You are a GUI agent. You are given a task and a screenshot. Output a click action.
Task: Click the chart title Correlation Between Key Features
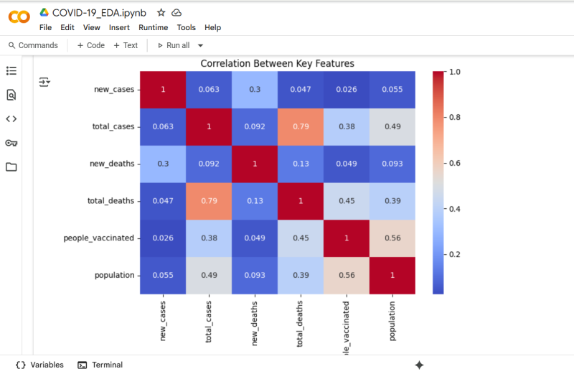(277, 64)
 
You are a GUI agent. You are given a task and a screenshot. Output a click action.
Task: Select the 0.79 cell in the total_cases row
(300, 126)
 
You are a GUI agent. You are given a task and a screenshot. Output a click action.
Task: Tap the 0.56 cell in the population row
(346, 275)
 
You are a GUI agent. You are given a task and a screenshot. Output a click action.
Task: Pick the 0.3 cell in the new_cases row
(254, 89)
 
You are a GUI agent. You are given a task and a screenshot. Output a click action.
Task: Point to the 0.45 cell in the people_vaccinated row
(300, 238)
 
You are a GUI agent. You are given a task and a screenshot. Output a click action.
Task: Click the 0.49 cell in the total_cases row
(392, 126)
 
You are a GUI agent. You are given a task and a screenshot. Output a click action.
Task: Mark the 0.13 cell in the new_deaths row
(300, 164)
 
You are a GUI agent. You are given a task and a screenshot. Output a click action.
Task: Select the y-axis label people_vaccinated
(99, 238)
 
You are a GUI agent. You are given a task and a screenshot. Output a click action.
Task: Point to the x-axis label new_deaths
(255, 319)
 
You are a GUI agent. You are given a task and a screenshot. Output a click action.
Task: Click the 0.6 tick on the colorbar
(454, 164)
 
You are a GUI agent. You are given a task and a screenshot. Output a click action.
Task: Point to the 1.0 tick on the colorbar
(454, 72)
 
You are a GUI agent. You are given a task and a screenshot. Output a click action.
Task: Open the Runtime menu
(153, 27)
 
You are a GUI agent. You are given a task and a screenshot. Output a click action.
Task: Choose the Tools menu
(187, 27)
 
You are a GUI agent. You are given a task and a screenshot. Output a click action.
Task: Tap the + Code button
(91, 45)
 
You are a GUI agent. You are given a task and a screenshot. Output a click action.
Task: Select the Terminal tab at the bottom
(100, 365)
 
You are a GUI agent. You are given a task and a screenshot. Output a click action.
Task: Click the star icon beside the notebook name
(161, 13)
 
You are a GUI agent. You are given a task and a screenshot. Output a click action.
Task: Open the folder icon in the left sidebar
(11, 167)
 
